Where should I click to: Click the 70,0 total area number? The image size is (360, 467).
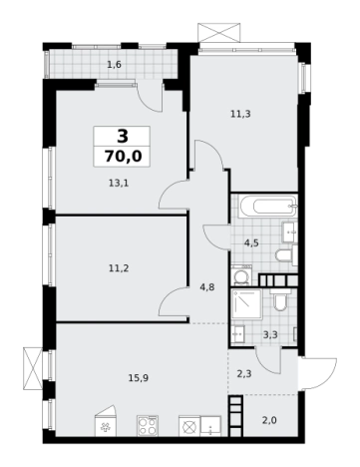point(123,156)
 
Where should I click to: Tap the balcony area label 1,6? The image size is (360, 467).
point(114,65)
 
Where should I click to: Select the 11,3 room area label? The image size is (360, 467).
point(240,114)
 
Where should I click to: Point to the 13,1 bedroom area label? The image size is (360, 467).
point(119,183)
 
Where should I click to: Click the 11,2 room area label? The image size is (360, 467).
point(119,268)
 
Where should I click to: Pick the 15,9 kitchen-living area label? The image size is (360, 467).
point(139,378)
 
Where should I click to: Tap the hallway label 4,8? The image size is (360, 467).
point(206,287)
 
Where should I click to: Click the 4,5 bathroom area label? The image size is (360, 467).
point(251,243)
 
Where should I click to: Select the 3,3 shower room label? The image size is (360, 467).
point(270,335)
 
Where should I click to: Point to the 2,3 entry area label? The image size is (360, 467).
point(244,374)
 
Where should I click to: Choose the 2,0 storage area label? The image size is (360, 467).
point(269,421)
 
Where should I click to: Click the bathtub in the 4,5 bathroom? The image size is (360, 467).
point(268,207)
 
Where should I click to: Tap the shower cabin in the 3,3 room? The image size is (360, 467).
point(247,303)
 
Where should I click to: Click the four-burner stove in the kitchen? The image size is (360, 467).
point(148,425)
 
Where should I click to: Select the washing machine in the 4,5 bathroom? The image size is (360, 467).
point(241,274)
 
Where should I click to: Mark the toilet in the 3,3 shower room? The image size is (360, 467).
point(280,299)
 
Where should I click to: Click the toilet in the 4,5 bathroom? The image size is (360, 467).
point(286,255)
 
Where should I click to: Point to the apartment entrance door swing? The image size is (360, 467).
point(318,372)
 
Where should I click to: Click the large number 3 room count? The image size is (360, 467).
point(123,136)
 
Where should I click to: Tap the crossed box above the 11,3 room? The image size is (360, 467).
point(218,32)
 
